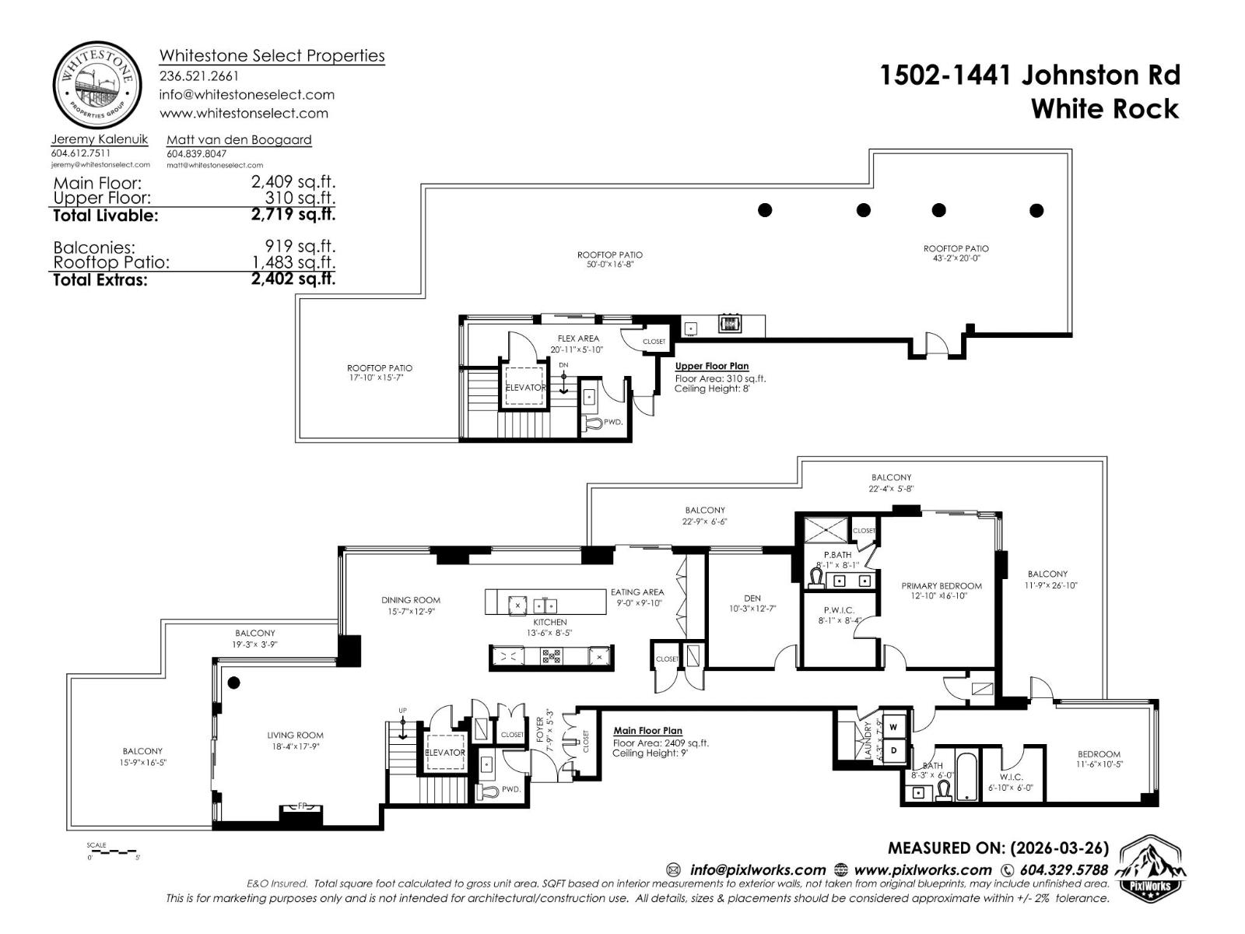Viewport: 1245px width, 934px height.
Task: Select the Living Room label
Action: pos(295,735)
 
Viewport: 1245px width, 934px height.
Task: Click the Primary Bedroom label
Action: pos(942,585)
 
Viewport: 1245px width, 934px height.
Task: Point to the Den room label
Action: pos(752,598)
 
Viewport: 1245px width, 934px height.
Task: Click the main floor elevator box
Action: pos(445,752)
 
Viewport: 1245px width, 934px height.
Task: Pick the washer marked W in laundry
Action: pos(893,727)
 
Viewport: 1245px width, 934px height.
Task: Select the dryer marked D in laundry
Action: pos(893,750)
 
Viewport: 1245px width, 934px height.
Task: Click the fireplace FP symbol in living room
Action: pos(300,807)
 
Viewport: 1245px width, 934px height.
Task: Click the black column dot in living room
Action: pos(233,683)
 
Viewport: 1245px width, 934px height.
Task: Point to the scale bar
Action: pos(114,851)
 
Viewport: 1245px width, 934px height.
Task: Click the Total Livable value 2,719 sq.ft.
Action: pos(293,214)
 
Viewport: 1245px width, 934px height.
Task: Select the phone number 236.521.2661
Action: pos(199,76)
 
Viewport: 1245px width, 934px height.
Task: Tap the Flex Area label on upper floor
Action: pos(578,339)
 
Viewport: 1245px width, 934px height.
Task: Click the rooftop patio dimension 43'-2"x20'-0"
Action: pos(956,258)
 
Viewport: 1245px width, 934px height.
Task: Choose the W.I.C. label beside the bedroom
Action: pos(1011,777)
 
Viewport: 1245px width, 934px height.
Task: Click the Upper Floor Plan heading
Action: pos(711,366)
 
